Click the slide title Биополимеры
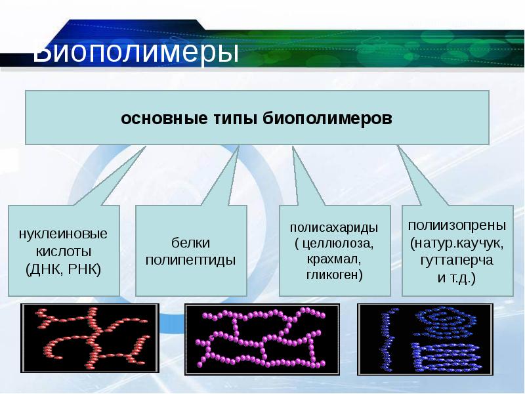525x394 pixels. pos(135,53)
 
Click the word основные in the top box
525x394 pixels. pos(158,119)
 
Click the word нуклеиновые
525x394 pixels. pos(63,234)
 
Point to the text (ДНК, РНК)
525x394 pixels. pos(63,269)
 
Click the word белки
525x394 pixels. pos(190,242)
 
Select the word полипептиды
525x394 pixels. pos(190,260)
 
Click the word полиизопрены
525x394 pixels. pos(457,225)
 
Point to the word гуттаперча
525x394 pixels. pos(457,260)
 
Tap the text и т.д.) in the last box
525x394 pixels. pos(457,278)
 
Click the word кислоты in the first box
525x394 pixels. pos(63,252)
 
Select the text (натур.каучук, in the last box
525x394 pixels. pos(457,243)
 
